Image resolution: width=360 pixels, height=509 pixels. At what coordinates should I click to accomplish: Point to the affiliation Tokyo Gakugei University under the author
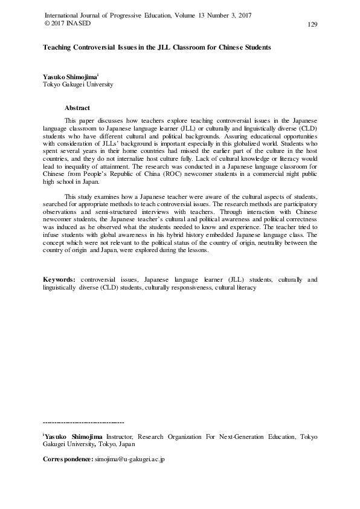(x=78, y=85)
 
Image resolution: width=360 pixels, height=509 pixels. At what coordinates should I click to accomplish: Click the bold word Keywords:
(x=59, y=280)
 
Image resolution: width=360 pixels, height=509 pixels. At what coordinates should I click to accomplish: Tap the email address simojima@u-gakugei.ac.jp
(x=130, y=459)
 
